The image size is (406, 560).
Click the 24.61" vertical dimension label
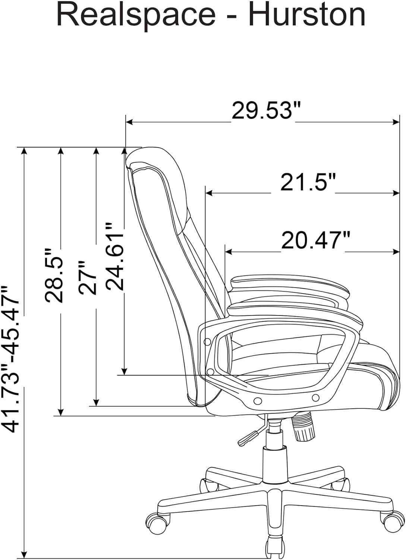[x=114, y=256]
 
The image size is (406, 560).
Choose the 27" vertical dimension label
[x=87, y=277]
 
